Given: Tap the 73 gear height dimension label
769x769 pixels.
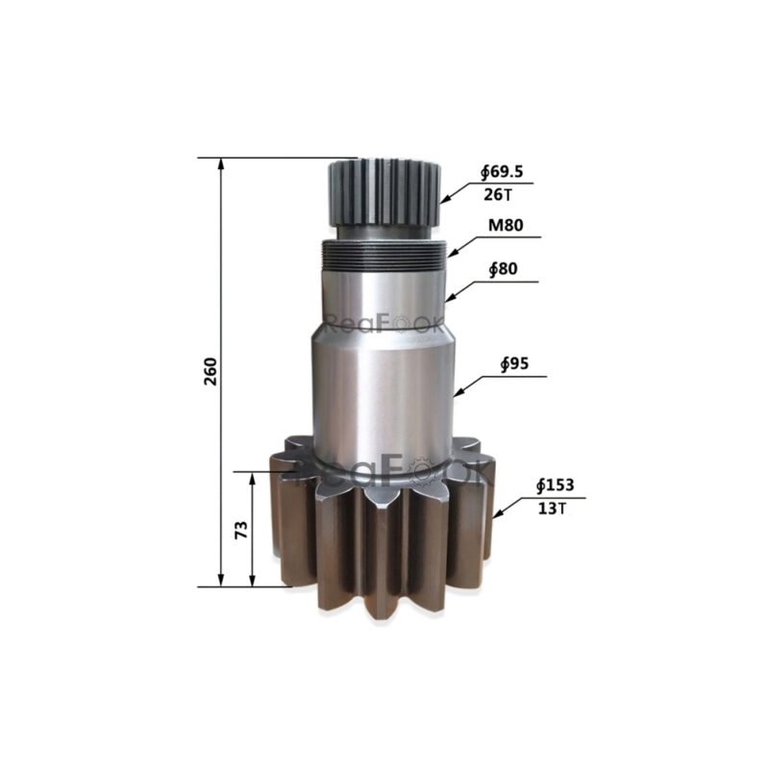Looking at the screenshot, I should pos(241,529).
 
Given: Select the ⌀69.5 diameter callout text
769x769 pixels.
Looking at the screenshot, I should pos(502,172).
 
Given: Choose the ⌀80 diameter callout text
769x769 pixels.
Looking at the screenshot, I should pos(503,270).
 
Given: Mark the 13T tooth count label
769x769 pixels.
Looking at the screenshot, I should pos(552,509).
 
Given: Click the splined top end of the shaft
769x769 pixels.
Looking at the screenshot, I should pos(384,192).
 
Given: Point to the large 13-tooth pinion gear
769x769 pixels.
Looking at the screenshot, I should pos(384,529).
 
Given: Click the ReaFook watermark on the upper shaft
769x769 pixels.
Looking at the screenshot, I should pos(384,324).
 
